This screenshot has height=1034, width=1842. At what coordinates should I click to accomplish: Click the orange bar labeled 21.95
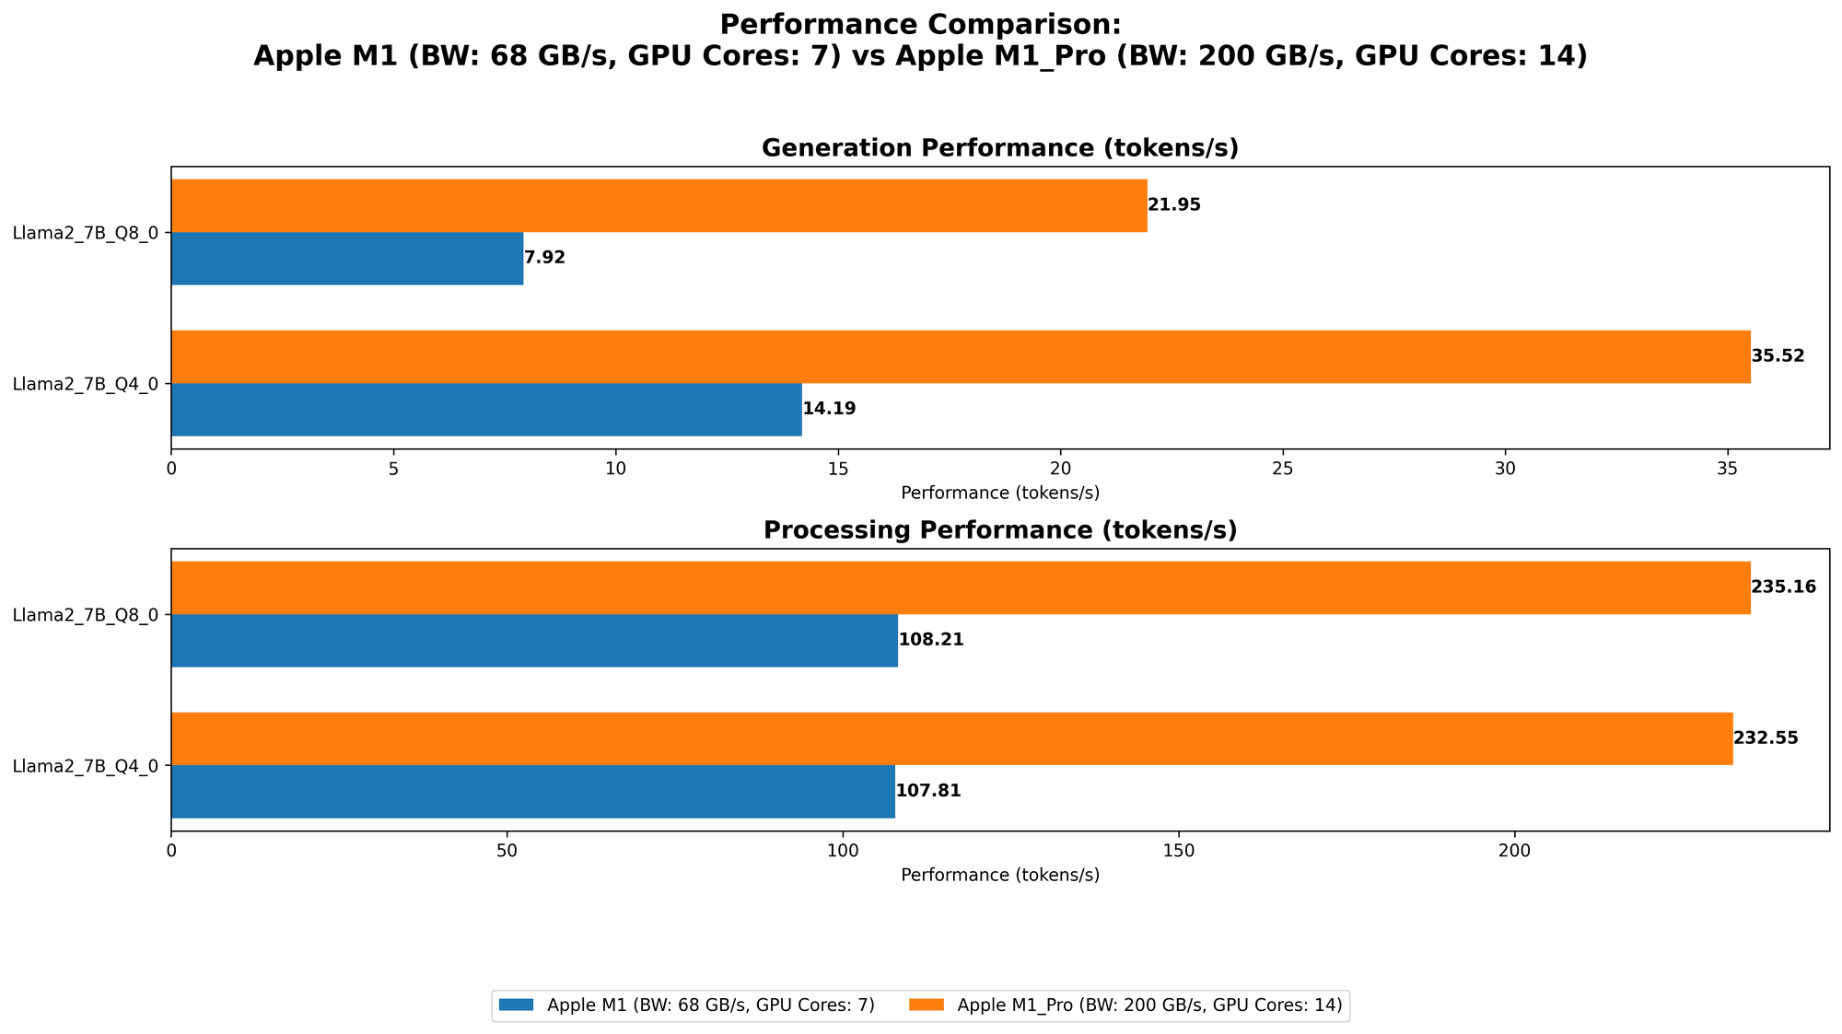point(659,205)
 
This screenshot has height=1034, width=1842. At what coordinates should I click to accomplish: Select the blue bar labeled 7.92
point(347,258)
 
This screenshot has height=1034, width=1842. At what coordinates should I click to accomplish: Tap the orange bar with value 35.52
point(960,356)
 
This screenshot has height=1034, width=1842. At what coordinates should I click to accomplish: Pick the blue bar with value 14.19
point(486,409)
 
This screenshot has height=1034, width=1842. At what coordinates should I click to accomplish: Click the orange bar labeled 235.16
point(960,587)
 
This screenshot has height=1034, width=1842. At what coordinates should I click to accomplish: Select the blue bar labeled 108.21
point(534,640)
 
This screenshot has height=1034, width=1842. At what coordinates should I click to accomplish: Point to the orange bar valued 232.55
point(951,738)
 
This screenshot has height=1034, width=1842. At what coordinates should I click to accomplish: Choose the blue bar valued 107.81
point(532,791)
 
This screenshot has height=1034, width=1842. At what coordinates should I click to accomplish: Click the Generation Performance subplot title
point(999,148)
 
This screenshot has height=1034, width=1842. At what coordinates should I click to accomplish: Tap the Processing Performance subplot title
point(999,530)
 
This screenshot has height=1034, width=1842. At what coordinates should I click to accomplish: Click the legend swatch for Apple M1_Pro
point(927,1005)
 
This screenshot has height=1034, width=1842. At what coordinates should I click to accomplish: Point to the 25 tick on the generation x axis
point(1283,468)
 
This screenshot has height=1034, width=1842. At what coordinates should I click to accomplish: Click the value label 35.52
point(1778,356)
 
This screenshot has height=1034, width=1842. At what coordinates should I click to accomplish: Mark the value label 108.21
point(930,640)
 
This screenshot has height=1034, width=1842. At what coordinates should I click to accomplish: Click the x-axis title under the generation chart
point(999,493)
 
